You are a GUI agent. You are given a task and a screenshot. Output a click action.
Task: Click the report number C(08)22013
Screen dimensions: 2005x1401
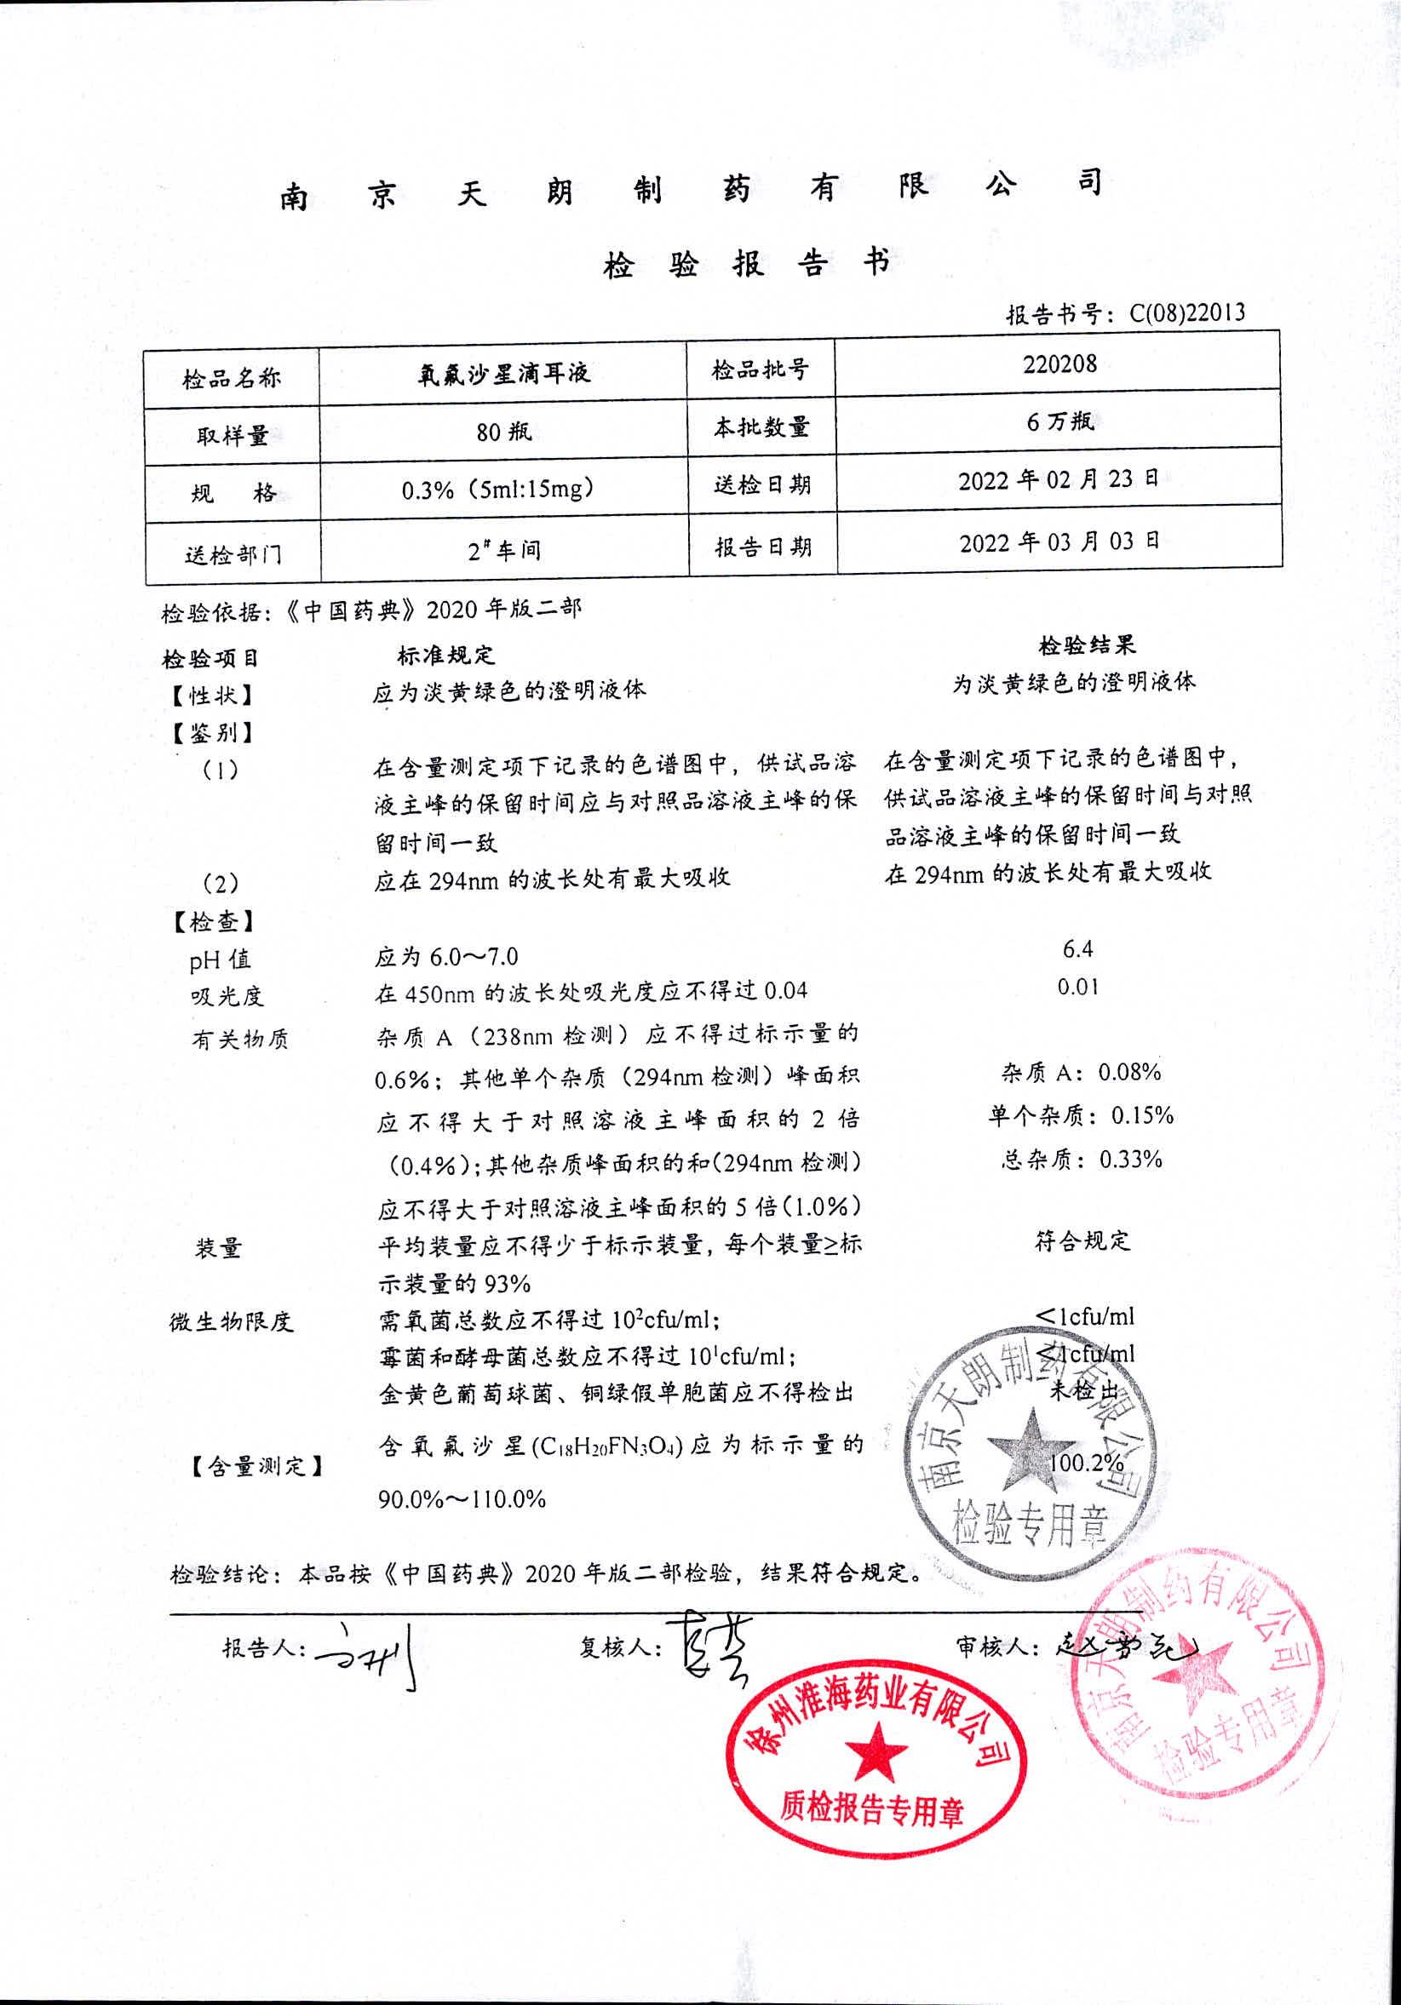(x=1187, y=312)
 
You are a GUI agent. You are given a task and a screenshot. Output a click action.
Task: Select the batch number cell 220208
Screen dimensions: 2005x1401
(x=1059, y=364)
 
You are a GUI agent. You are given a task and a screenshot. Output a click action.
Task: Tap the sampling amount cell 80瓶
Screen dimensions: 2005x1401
(x=503, y=432)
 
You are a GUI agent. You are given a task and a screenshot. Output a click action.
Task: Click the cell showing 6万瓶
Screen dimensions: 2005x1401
(x=1059, y=421)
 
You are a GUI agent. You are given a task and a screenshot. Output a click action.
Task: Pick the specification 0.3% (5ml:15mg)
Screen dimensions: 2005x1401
(x=497, y=489)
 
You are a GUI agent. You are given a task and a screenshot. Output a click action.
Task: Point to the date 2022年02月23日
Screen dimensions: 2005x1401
(x=1059, y=479)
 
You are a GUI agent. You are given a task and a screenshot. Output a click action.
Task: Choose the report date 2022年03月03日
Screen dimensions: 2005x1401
(x=1059, y=542)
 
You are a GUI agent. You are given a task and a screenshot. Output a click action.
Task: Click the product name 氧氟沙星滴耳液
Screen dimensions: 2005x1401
(x=503, y=374)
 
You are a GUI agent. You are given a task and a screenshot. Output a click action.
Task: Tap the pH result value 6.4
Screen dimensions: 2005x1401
(x=1078, y=949)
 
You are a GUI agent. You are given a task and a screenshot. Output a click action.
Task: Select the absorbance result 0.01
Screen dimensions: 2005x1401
(x=1078, y=987)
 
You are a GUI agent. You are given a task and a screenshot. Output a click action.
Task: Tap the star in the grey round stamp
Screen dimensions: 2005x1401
(x=1031, y=1451)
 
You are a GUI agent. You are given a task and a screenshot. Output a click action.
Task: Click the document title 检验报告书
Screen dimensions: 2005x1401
(x=747, y=264)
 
